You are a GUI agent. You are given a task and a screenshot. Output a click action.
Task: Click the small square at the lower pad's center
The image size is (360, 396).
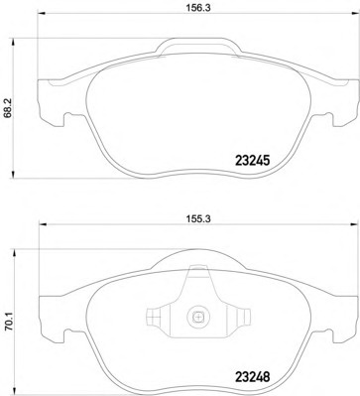click(x=198, y=320)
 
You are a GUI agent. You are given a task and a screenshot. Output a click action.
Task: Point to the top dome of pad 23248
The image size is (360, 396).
click(x=198, y=261)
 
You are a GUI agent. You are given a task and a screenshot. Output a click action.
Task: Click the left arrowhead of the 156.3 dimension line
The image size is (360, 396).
click(x=40, y=20)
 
